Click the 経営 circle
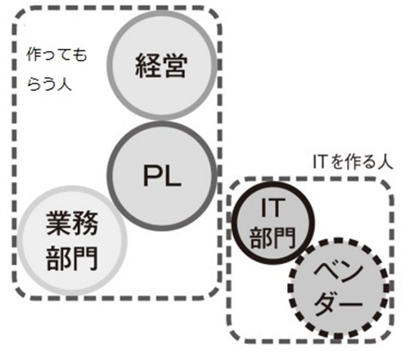(x=162, y=65)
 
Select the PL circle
(x=162, y=176)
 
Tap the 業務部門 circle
(x=71, y=240)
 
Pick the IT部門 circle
(x=273, y=223)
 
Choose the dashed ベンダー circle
(x=338, y=289)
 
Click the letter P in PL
(x=151, y=175)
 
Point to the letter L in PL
(x=173, y=175)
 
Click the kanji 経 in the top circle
(x=147, y=66)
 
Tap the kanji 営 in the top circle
(x=173, y=66)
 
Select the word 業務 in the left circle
(x=72, y=223)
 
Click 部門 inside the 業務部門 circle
(x=72, y=258)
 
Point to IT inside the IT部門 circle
(x=273, y=208)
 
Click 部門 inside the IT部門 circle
(x=272, y=237)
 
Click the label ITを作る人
(x=352, y=162)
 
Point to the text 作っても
(x=56, y=55)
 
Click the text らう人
(x=49, y=84)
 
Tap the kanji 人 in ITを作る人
(x=385, y=162)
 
